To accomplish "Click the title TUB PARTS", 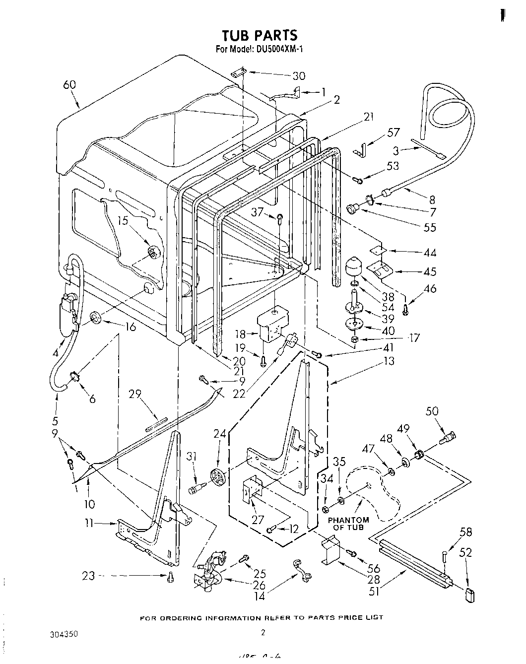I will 260,35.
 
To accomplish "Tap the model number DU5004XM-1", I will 281,49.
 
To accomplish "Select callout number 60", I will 69,85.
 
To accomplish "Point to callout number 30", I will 299,76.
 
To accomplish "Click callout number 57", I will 394,133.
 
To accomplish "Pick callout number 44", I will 430,253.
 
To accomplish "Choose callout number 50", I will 432,411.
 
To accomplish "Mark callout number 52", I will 466,552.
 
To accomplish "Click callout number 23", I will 88,576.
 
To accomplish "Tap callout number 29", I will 135,395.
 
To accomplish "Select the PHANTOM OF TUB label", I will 348,523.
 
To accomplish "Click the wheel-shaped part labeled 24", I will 217,477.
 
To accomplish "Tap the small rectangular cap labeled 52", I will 469,593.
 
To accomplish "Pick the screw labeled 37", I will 280,218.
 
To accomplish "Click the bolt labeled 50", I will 448,439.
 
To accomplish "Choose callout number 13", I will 389,361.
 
